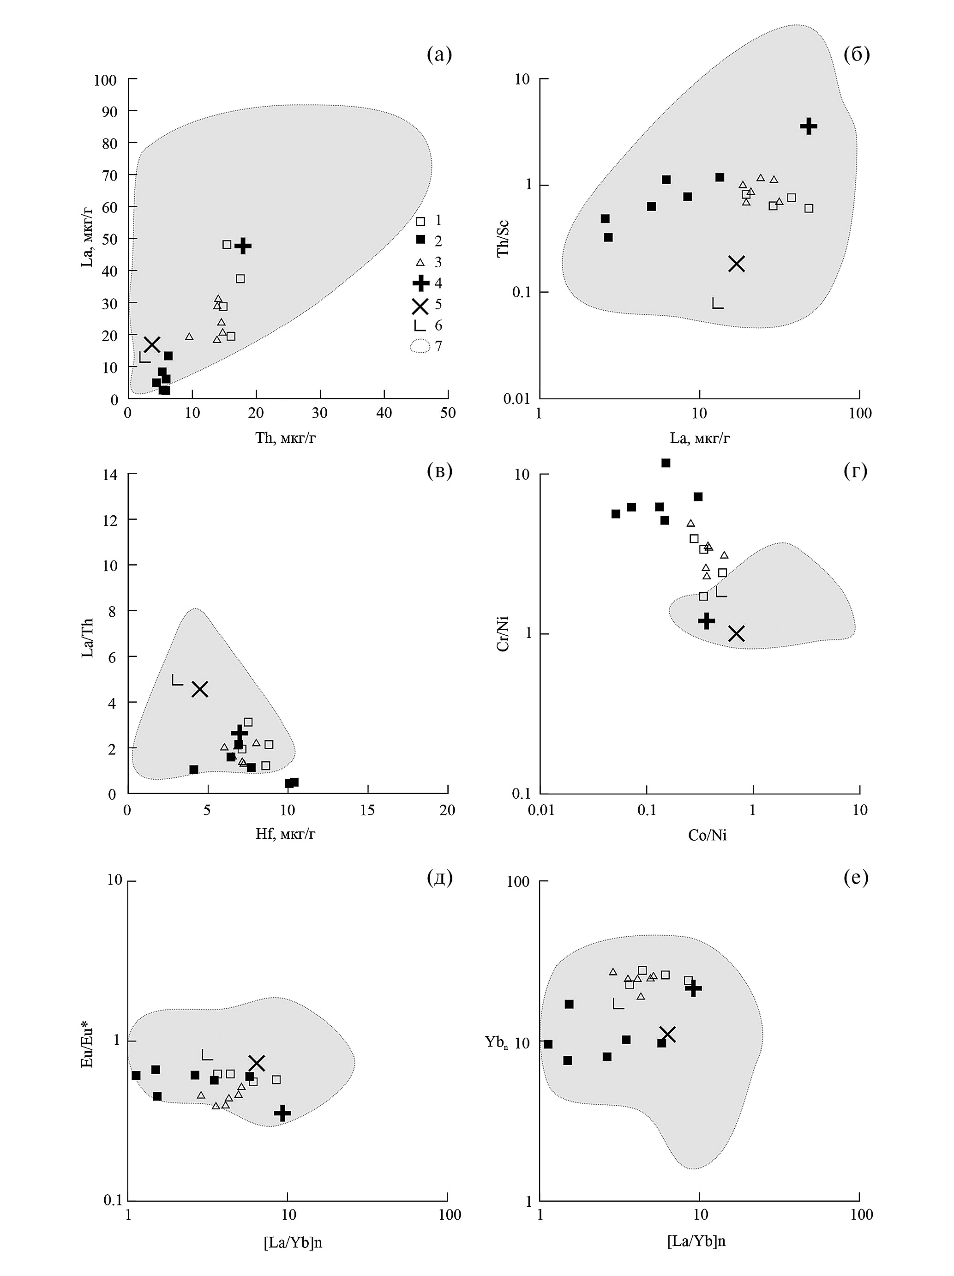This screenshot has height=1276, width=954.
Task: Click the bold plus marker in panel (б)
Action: pos(809,126)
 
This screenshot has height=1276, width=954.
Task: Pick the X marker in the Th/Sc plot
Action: pos(737,264)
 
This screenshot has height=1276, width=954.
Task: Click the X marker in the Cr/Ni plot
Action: pos(736,633)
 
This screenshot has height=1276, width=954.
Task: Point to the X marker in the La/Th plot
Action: pos(199,689)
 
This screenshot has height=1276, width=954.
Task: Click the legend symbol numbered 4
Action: pos(420,283)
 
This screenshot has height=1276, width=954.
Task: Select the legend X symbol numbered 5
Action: pos(420,305)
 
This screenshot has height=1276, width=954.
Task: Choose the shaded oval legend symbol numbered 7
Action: pos(420,346)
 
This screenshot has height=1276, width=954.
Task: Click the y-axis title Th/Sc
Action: pos(503,239)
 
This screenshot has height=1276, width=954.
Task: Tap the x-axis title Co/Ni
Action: pos(707,835)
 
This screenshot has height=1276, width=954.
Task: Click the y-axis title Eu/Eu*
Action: pos(88,1045)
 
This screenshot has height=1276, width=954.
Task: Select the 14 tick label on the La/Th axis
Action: pos(109,475)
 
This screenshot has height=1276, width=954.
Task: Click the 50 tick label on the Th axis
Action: pos(448,413)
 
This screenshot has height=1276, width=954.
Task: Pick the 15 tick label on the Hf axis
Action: pos(367,811)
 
